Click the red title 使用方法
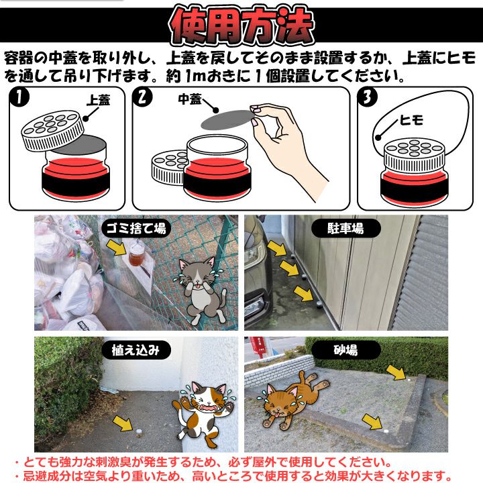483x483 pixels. click(x=241, y=27)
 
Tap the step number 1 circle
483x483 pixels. click(x=19, y=97)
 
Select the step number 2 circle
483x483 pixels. click(x=142, y=97)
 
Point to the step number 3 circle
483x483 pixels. click(x=367, y=97)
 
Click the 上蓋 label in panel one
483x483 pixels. click(x=98, y=101)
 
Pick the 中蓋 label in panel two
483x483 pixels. click(x=190, y=99)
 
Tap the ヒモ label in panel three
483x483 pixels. click(x=411, y=120)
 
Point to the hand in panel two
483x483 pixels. click(x=288, y=148)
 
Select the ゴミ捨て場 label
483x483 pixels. click(x=136, y=229)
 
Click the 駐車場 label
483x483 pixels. click(x=345, y=229)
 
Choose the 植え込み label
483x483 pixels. click(x=136, y=350)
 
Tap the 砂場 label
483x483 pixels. click(x=345, y=350)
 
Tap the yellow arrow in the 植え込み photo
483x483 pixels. click(x=123, y=423)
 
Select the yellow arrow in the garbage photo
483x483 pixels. click(x=116, y=248)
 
